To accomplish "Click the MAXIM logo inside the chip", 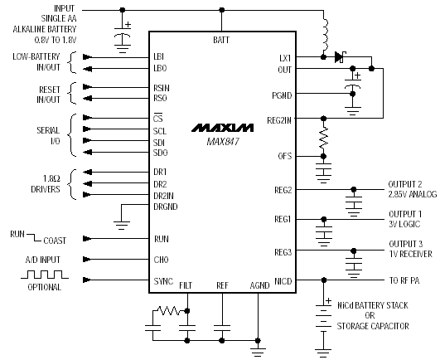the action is pyautogui.click(x=223, y=128).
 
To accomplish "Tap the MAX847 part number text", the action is pyautogui.click(x=223, y=141).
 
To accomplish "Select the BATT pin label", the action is pyautogui.click(x=221, y=40).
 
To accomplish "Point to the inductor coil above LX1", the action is pyautogui.click(x=325, y=35).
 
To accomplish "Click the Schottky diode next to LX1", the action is pyautogui.click(x=340, y=57).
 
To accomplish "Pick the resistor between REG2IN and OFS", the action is pyautogui.click(x=323, y=138).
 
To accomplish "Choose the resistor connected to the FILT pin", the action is pyautogui.click(x=169, y=310).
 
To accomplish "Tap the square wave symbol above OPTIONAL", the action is pyautogui.click(x=45, y=275).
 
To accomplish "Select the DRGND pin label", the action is pyautogui.click(x=166, y=207).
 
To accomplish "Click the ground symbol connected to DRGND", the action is pyautogui.click(x=122, y=226).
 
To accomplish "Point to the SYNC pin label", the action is pyautogui.click(x=163, y=281).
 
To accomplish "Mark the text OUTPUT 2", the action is pyautogui.click(x=405, y=184).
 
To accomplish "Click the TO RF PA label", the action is pyautogui.click(x=404, y=280).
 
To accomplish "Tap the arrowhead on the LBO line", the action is pyautogui.click(x=87, y=69).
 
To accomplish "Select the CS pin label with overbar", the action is pyautogui.click(x=158, y=119).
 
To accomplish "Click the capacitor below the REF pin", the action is pyautogui.click(x=222, y=328).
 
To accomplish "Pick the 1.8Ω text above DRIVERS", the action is pyautogui.click(x=51, y=178).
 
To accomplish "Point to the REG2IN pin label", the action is pyautogui.click(x=279, y=120).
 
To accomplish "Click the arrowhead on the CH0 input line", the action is pyautogui.click(x=87, y=259).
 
